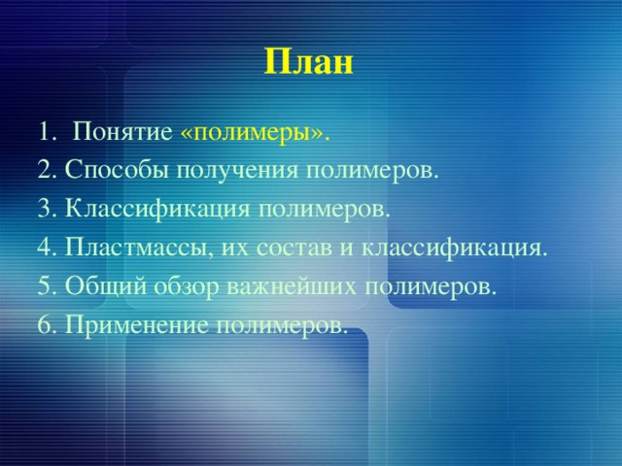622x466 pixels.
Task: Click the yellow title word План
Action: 309,62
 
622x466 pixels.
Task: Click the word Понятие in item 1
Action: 122,131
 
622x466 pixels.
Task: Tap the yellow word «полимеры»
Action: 255,134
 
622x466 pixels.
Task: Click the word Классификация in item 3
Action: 157,210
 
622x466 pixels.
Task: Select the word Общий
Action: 106,285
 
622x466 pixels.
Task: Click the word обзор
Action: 187,286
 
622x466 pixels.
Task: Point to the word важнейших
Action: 292,286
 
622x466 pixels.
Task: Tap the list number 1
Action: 47,132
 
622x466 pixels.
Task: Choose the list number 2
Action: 48,171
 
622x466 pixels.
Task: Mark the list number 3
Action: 48,210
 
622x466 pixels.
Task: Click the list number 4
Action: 48,248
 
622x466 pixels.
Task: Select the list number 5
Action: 48,285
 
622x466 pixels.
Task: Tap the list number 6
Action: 48,325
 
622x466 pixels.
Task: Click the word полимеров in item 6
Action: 282,326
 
